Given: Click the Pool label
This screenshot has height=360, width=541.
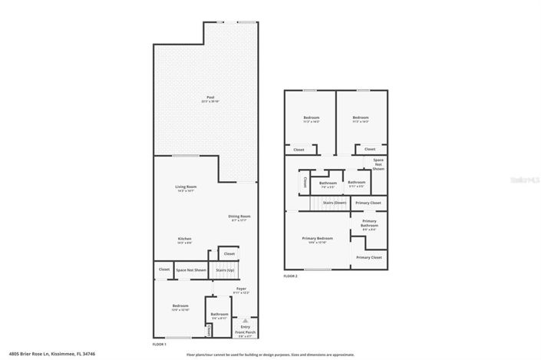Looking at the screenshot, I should (209, 98).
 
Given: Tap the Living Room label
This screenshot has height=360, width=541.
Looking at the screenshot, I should (186, 187).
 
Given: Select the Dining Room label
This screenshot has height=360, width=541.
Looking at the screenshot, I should (239, 216).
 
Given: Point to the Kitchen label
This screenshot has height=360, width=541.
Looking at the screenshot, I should (186, 239).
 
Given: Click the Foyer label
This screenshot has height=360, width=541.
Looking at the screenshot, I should (240, 289).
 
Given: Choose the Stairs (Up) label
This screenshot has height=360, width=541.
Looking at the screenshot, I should (223, 270).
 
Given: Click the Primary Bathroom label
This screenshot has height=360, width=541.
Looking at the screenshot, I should (369, 223).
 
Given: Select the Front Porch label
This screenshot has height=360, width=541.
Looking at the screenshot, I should (246, 332).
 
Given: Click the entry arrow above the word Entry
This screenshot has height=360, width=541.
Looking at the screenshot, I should (246, 321).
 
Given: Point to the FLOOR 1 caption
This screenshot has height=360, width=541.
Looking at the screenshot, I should (160, 345).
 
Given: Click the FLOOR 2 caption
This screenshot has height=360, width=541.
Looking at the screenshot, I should (290, 276).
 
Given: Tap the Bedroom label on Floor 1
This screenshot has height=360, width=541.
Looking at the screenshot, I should (180, 306).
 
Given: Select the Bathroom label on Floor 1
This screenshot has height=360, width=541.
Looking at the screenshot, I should (219, 314).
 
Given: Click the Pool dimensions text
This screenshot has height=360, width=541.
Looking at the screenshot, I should (209, 102).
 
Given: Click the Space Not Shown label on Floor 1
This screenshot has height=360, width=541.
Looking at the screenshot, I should (191, 270).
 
